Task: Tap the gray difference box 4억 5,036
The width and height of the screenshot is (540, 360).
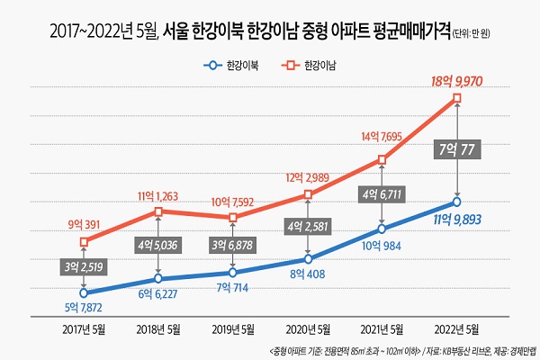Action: click(159, 243)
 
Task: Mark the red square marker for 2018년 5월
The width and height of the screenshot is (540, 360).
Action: click(159, 211)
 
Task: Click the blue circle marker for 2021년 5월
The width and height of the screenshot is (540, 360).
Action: click(384, 229)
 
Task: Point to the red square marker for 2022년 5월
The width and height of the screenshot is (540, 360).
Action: click(459, 97)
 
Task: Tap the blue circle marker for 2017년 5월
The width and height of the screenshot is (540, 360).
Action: click(84, 292)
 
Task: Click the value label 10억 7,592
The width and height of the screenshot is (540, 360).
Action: click(234, 202)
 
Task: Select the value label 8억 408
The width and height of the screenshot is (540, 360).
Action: click(308, 274)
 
